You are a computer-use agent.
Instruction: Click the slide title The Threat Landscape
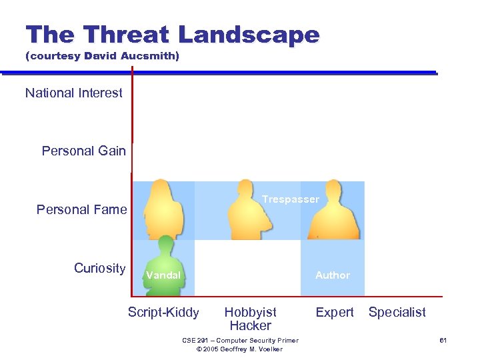(x=172, y=35)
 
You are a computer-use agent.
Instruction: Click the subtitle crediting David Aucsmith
(x=102, y=57)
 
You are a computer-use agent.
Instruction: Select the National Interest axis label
(x=73, y=93)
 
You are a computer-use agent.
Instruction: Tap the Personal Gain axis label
(x=83, y=151)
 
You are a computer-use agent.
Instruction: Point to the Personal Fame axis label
(x=81, y=210)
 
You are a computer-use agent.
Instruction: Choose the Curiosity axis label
(x=99, y=269)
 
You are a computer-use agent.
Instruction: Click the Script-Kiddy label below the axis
(x=163, y=313)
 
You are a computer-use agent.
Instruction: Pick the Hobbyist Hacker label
(x=250, y=319)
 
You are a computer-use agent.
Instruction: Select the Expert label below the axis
(x=334, y=313)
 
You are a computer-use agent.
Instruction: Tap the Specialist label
(x=397, y=313)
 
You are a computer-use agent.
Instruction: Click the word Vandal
(x=163, y=275)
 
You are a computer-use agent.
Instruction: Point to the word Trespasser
(x=290, y=199)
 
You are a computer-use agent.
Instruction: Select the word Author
(x=332, y=275)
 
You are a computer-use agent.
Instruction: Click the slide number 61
(x=442, y=341)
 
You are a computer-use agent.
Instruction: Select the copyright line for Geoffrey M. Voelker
(x=240, y=349)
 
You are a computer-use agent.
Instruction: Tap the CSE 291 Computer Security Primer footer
(x=240, y=341)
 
